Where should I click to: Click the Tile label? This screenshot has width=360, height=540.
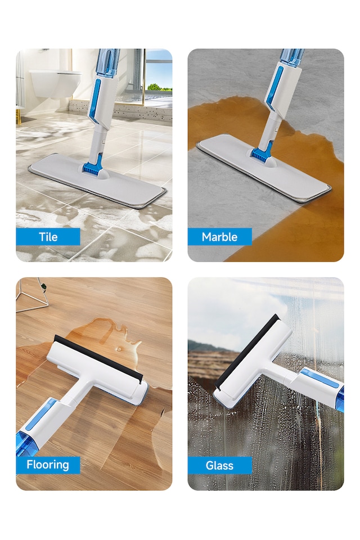[x=48, y=237]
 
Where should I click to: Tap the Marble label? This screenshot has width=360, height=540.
[x=219, y=237]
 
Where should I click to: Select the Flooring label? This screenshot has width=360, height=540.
[x=48, y=465]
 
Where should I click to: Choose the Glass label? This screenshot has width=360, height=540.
[x=219, y=465]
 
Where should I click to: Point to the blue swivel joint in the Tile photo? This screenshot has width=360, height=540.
[x=92, y=166]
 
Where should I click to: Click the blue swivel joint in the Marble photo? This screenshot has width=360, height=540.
[x=261, y=152]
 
